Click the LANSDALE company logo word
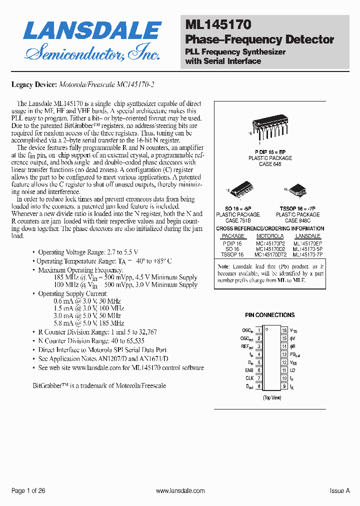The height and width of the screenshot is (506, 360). (92, 30)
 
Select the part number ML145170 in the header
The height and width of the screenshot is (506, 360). (218, 24)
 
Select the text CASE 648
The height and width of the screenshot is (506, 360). (270, 164)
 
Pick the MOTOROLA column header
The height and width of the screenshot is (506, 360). (270, 236)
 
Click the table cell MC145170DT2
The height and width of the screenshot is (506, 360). (270, 254)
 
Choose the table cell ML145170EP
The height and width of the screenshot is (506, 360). (308, 242)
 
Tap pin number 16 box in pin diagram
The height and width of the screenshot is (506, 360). (284, 330)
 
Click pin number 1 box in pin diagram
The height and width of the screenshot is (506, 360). (259, 330)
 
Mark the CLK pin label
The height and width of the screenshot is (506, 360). (249, 378)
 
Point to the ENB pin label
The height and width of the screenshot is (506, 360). (249, 370)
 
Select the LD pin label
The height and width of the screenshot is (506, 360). (292, 370)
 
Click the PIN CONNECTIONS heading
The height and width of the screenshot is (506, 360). (270, 315)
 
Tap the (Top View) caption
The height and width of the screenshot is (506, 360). (271, 397)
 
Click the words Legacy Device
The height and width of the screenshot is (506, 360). (34, 84)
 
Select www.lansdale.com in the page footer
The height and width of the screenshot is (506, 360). (180, 491)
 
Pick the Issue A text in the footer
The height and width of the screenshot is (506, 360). (339, 491)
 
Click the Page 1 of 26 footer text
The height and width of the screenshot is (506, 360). (28, 491)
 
